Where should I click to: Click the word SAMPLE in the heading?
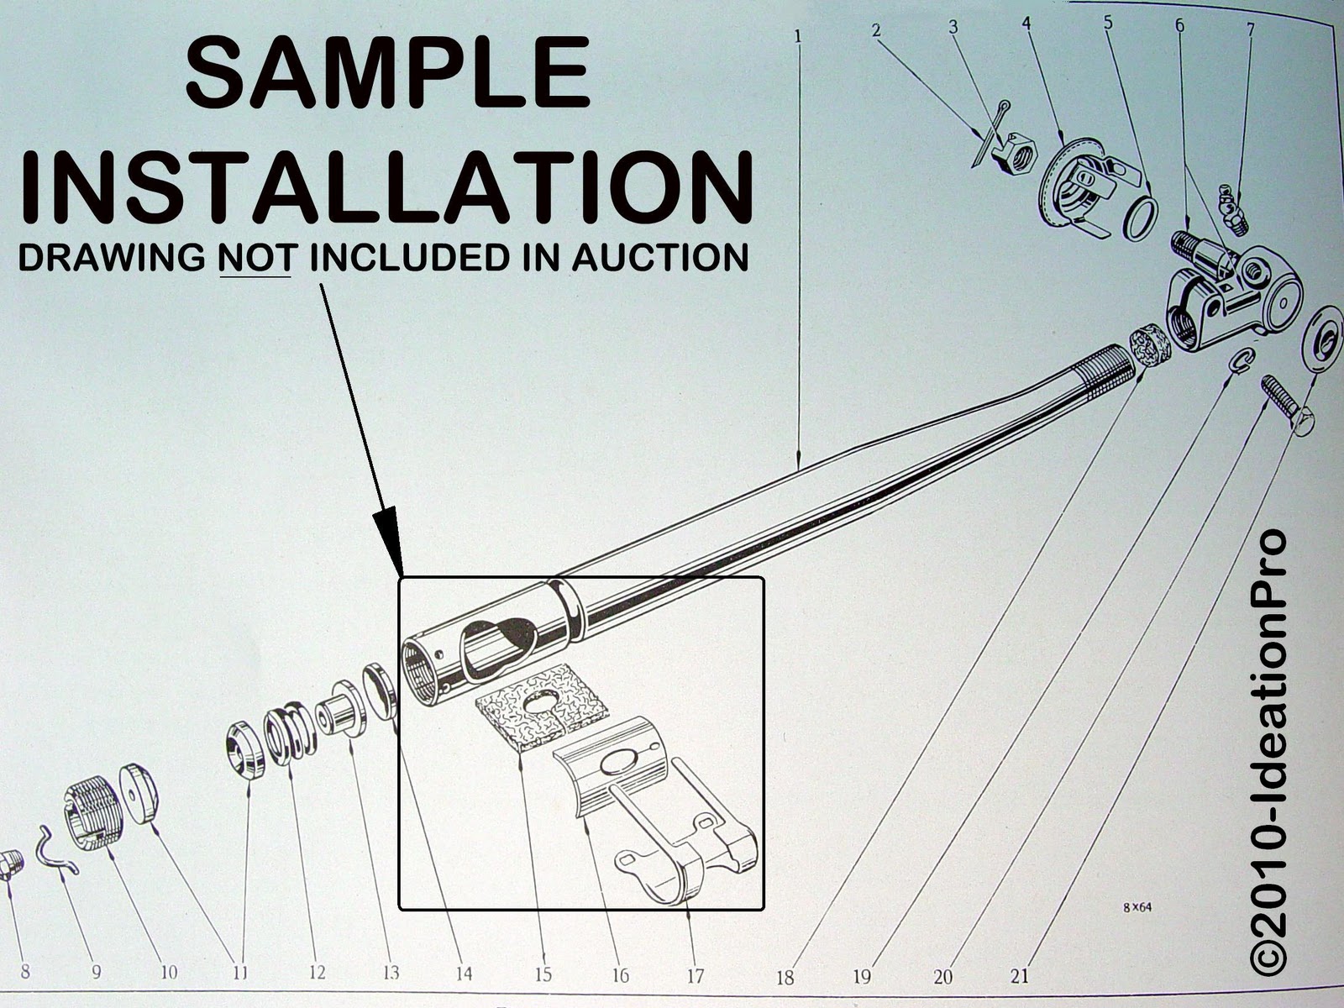tap(388, 71)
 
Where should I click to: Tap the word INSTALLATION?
tap(386, 186)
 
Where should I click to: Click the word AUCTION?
tap(660, 257)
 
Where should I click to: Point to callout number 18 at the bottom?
tap(785, 977)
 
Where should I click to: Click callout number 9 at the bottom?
tap(96, 971)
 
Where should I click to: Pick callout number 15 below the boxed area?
tap(543, 974)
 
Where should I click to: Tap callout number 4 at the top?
tap(1026, 24)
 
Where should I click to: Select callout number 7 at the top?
tap(1250, 29)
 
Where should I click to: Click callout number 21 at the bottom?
tap(1020, 975)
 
